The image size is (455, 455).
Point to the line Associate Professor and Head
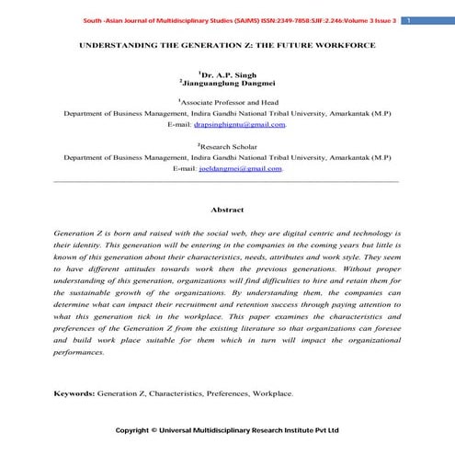[228, 103]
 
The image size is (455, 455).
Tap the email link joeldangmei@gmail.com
[242, 168]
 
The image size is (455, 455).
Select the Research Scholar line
[228, 146]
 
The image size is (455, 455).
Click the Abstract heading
[227, 210]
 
